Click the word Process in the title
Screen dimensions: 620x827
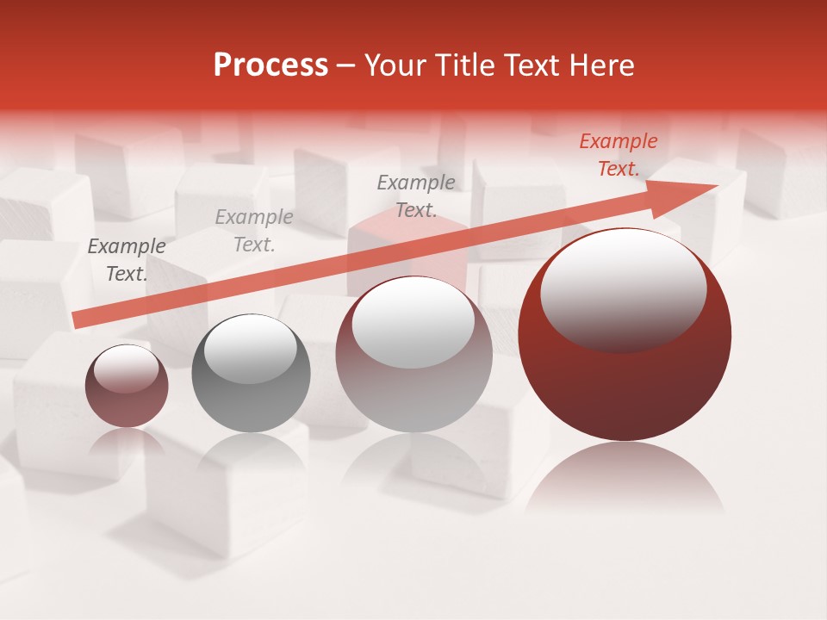(270, 65)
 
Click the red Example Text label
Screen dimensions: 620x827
(619, 155)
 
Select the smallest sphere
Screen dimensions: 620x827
(127, 386)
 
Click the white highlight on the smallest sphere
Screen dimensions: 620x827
(126, 369)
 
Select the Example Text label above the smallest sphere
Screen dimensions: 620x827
(127, 260)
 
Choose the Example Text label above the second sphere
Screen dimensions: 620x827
(254, 231)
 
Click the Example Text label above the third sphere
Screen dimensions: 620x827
(416, 195)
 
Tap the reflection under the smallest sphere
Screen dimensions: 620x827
(127, 443)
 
